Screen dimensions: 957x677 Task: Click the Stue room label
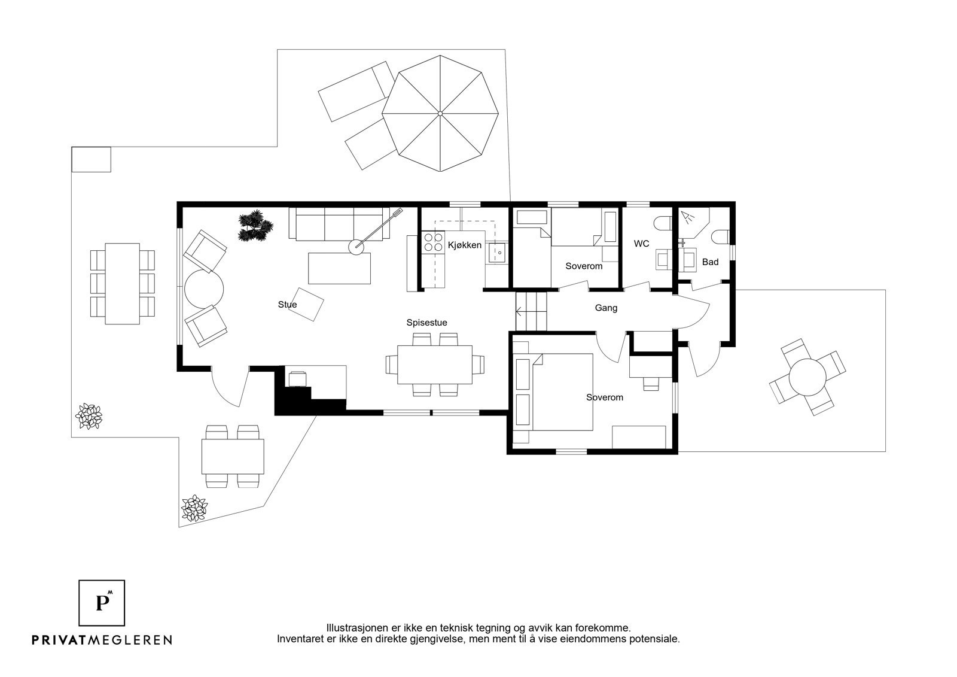(287, 305)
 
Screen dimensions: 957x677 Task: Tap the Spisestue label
(426, 323)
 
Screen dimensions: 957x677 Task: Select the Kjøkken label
(464, 245)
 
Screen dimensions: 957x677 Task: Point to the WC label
(641, 244)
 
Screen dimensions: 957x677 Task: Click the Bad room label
(710, 262)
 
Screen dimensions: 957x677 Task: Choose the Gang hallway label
(606, 308)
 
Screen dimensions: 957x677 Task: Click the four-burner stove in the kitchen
(433, 242)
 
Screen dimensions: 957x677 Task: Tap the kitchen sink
(498, 253)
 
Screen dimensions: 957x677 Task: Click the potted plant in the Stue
(255, 226)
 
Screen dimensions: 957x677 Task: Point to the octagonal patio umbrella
(440, 113)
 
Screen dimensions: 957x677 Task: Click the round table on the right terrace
(807, 377)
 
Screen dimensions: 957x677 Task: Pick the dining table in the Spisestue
(434, 365)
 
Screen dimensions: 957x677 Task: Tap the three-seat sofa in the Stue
(339, 224)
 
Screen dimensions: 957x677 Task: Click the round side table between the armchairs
(204, 289)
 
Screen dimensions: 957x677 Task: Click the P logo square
(102, 603)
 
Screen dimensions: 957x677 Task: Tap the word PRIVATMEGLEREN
(102, 640)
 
